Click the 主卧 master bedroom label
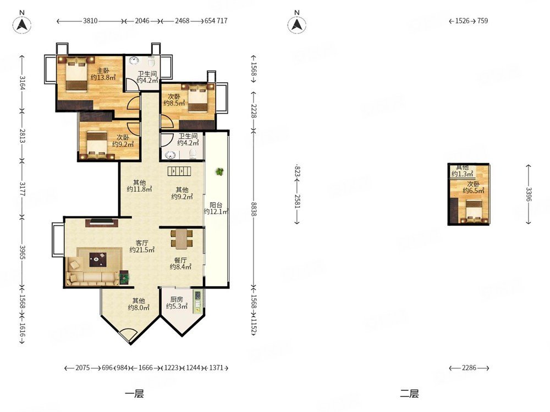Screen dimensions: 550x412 (x=103, y=71)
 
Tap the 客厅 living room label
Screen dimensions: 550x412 (x=142, y=243)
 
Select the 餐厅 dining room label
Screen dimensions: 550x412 (x=180, y=260)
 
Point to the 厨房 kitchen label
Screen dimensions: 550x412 (x=177, y=299)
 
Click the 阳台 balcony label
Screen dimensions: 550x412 (x=216, y=205)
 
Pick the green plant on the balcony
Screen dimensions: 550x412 (x=219, y=171)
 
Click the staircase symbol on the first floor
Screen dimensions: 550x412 (x=179, y=171)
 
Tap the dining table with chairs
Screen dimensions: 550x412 (x=182, y=239)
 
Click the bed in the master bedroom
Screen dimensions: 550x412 (x=76, y=75)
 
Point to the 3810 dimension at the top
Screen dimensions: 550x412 (x=90, y=21)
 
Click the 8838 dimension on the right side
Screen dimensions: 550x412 (x=254, y=208)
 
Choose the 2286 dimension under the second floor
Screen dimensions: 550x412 (x=469, y=368)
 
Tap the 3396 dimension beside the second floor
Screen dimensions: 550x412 (x=529, y=194)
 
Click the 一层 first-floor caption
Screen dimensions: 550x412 (x=134, y=394)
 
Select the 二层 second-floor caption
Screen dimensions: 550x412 (x=409, y=394)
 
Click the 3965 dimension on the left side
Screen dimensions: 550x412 (x=23, y=253)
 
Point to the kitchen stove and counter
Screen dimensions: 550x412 (x=198, y=301)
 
